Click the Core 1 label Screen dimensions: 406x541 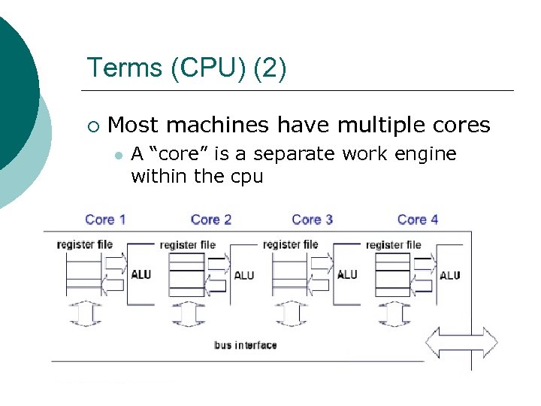coord(105,220)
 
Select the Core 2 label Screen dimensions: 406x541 coord(211,220)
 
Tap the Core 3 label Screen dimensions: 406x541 coord(312,220)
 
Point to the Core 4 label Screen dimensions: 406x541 coord(418,220)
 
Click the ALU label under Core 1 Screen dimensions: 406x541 coord(141,274)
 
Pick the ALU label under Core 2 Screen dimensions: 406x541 coord(244,275)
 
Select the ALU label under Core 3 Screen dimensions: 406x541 coord(347,274)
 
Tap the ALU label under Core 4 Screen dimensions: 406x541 coord(450,275)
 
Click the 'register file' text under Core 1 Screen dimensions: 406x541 coord(84,244)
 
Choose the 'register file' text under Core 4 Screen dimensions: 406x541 coord(394,245)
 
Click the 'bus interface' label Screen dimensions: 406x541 coord(245,345)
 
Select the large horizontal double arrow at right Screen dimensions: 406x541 coord(461,343)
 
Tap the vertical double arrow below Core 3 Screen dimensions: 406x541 coord(290,314)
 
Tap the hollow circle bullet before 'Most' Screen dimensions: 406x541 coord(92,125)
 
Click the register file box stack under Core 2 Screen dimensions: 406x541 coord(186,275)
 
